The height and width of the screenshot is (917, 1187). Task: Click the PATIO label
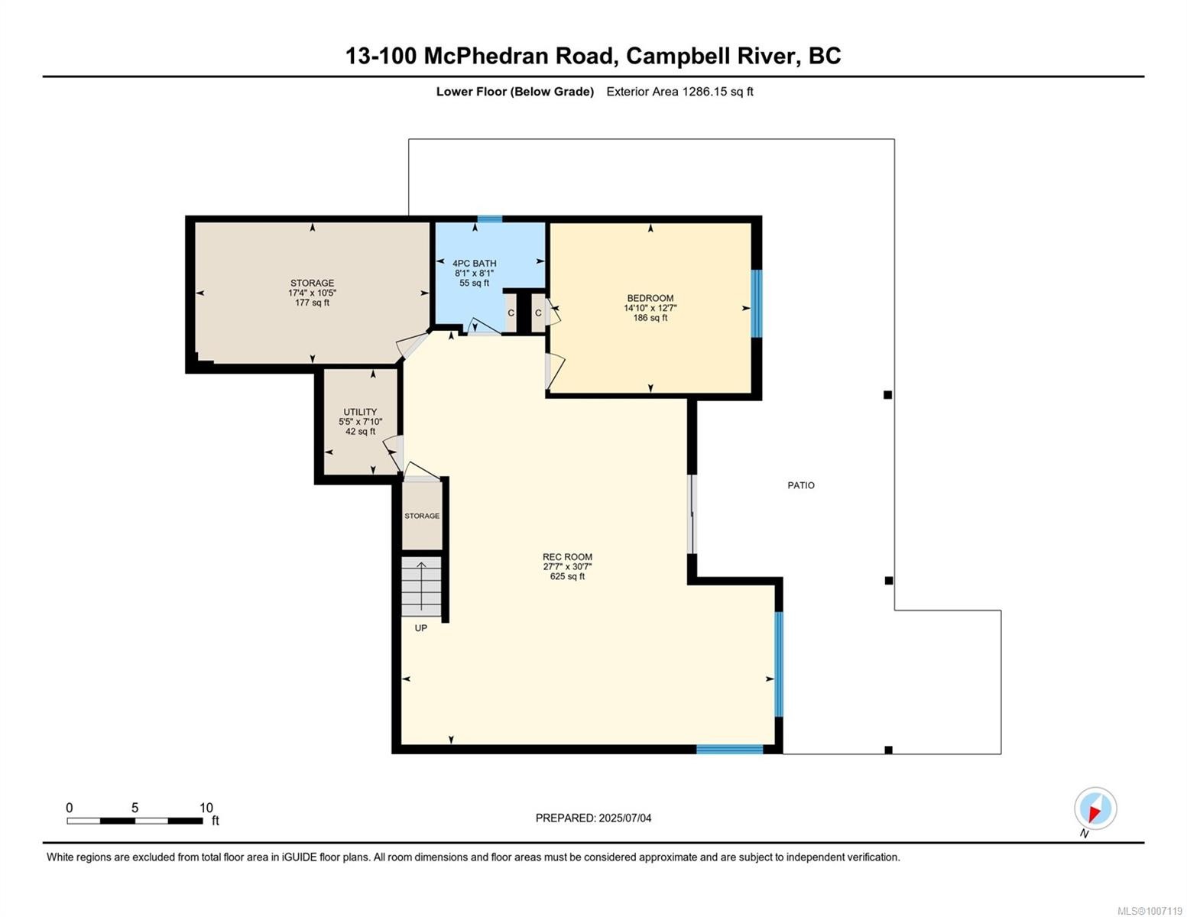pyautogui.click(x=800, y=485)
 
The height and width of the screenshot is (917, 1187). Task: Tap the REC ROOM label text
pyautogui.click(x=567, y=557)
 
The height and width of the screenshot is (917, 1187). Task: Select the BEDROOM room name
pyautogui.click(x=650, y=298)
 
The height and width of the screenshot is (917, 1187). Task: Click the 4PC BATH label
pyautogui.click(x=474, y=264)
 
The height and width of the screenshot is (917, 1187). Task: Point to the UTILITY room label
pyautogui.click(x=360, y=412)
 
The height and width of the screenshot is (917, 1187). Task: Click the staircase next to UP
pyautogui.click(x=422, y=586)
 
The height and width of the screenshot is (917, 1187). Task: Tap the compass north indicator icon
pyautogui.click(x=1095, y=808)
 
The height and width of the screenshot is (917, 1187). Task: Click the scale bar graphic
pyautogui.click(x=135, y=821)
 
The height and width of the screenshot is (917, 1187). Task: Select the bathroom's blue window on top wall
pyautogui.click(x=490, y=219)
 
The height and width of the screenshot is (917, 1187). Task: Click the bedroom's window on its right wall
pyautogui.click(x=756, y=303)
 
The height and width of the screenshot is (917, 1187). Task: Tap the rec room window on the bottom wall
pyautogui.click(x=729, y=750)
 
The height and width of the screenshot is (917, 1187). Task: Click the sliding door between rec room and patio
pyautogui.click(x=692, y=514)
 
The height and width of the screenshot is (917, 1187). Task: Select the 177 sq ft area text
pyautogui.click(x=312, y=303)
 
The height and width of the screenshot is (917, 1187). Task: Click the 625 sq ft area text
pyautogui.click(x=567, y=577)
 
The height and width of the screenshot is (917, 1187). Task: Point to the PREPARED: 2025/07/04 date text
pyautogui.click(x=593, y=818)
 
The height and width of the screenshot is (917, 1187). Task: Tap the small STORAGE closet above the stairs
pyautogui.click(x=422, y=516)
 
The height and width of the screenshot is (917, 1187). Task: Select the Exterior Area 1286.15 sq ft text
pyautogui.click(x=679, y=92)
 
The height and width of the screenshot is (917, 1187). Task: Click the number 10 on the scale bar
pyautogui.click(x=206, y=808)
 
